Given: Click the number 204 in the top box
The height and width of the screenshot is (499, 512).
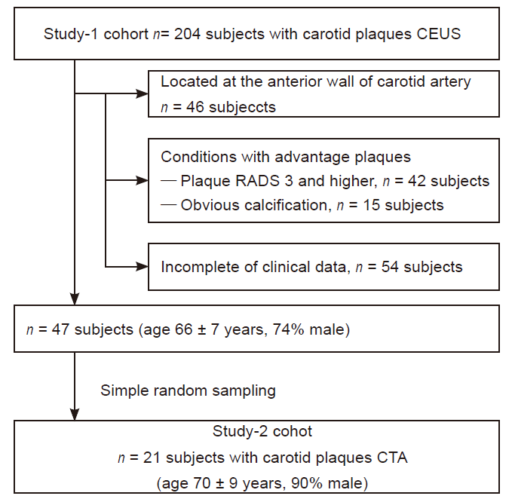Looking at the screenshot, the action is pos(187,34).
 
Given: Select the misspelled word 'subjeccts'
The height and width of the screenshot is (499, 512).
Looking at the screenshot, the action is pos(242,107).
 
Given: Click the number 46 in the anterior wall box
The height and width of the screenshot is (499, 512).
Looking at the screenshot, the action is pos(195,107).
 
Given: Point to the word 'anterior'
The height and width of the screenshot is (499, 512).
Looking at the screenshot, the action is pos(296,81).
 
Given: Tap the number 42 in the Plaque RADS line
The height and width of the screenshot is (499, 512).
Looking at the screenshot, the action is pos(417,181).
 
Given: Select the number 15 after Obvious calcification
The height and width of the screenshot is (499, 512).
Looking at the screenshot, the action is pos(372,205).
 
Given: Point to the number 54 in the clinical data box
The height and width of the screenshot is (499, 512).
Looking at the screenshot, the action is pos(390,267).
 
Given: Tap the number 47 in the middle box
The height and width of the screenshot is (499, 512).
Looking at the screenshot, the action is pos(60,329).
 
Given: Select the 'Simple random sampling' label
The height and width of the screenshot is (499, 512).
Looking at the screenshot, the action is pos(188,390).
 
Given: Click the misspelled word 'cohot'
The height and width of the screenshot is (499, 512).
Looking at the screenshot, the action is pos(293,431).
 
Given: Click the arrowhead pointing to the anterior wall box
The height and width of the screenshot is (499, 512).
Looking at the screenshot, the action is pos(142,94).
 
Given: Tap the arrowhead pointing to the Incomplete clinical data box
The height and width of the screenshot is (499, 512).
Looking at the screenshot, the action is pos(142,267).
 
